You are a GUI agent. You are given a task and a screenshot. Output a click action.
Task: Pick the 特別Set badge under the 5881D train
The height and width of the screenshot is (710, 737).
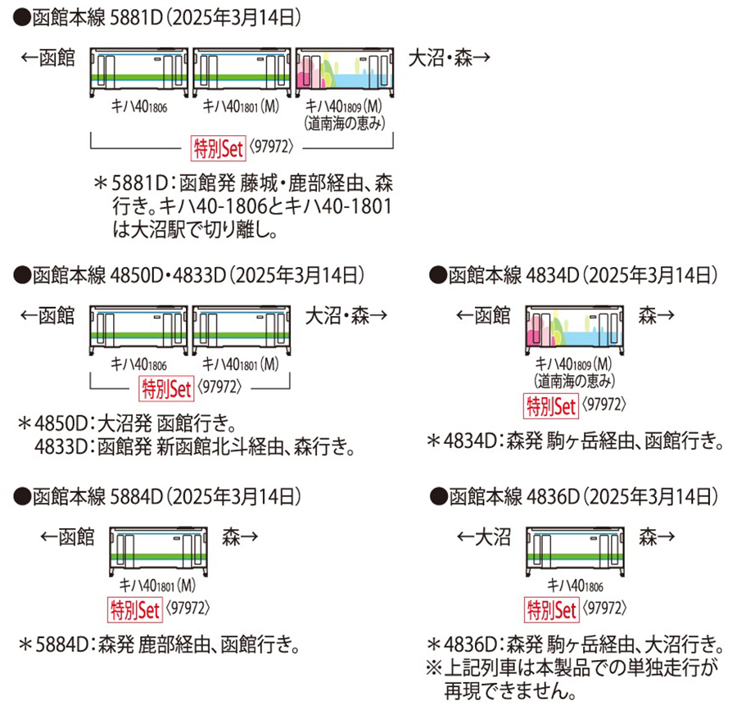tap(218, 148)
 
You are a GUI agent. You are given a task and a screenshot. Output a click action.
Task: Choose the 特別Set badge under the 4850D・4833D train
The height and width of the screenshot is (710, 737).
tap(166, 387)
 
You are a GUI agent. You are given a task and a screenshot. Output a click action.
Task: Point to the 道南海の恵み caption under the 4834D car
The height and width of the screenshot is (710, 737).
tap(575, 380)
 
